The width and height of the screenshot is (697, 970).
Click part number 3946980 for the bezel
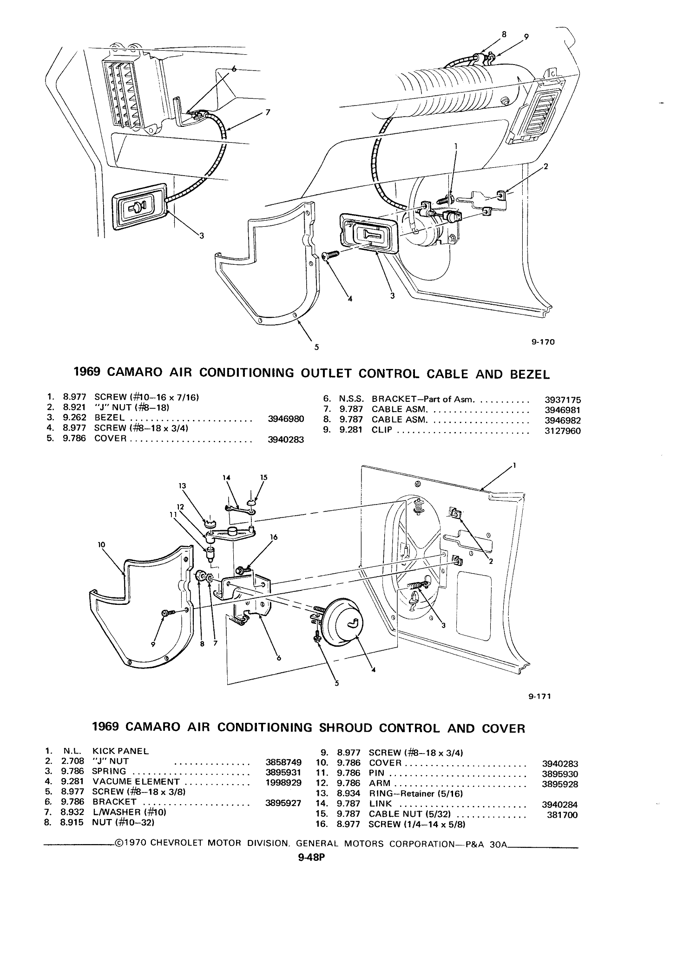tap(286, 419)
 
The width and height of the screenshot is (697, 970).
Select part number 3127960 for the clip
tap(562, 431)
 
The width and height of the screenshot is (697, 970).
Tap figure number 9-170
tap(543, 342)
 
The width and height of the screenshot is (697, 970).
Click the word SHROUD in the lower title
tap(345, 728)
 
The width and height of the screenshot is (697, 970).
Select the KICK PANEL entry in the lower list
tap(121, 751)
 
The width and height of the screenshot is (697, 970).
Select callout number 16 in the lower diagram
tap(274, 537)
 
